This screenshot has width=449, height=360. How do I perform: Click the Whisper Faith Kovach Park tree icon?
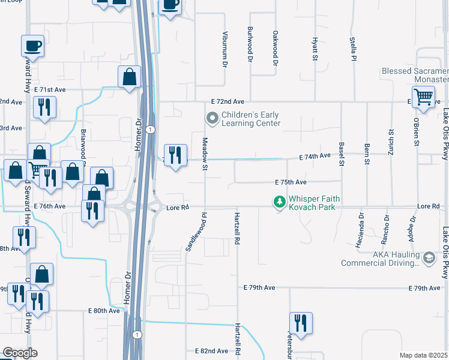279,203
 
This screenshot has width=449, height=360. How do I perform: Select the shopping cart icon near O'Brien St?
424,97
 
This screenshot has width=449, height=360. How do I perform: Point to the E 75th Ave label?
291,182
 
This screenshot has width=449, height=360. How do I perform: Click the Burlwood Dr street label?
250,44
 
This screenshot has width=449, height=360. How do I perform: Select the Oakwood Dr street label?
276,48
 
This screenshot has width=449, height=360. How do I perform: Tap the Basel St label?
342,154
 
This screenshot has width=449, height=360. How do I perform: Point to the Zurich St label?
391,143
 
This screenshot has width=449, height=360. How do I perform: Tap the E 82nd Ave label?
212,350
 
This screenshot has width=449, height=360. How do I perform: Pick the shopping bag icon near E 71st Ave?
129,77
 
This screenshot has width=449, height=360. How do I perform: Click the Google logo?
20,353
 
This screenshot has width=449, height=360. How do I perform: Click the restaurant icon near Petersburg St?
298,323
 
